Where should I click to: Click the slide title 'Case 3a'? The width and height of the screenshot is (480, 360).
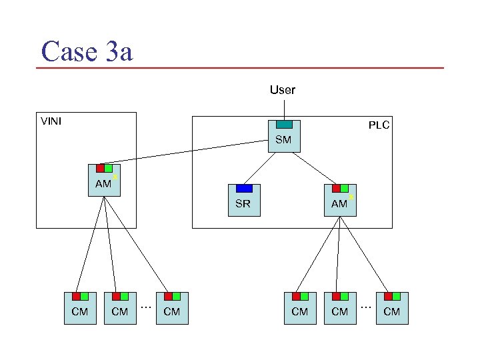pyautogui.click(x=87, y=51)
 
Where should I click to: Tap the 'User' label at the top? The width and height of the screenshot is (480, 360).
pyautogui.click(x=282, y=89)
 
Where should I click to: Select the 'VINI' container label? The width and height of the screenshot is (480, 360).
pyautogui.click(x=51, y=121)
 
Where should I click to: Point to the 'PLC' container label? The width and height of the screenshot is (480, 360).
pyautogui.click(x=379, y=125)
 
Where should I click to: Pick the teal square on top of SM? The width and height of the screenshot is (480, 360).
pyautogui.click(x=284, y=124)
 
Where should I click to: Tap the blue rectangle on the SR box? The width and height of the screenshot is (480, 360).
pyautogui.click(x=244, y=189)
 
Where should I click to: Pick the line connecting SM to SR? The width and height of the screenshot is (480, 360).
pyautogui.click(x=262, y=168)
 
